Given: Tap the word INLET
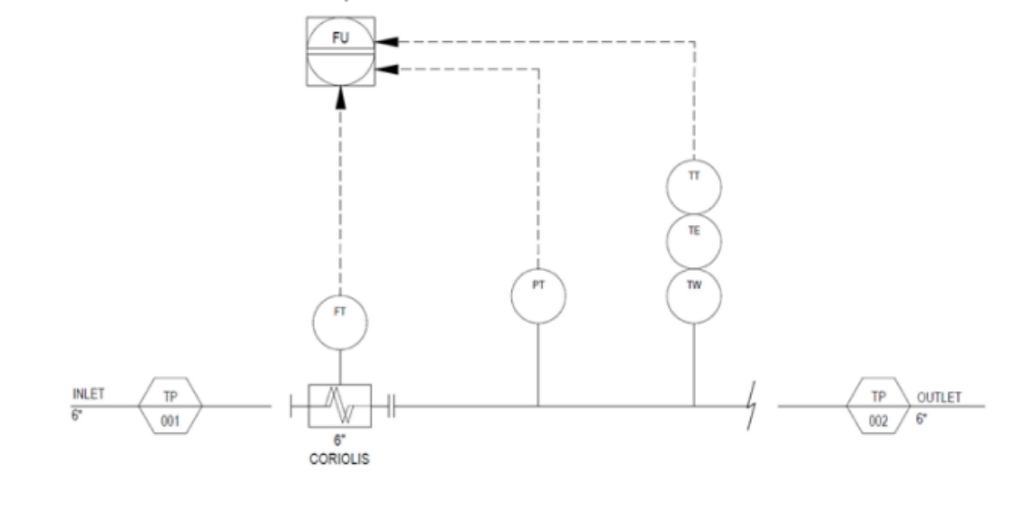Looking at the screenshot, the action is [x=89, y=394].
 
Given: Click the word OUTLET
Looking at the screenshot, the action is [x=939, y=397].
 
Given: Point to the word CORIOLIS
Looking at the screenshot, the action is [x=340, y=459].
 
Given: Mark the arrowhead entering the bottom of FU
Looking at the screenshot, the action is [x=340, y=98].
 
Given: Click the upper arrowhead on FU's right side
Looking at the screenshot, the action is [x=387, y=42].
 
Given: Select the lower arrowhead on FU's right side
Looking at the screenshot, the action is [x=387, y=69].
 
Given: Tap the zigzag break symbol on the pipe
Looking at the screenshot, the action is [x=752, y=405].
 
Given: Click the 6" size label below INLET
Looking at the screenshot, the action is [x=77, y=415].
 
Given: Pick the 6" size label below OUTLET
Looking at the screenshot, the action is [x=922, y=418].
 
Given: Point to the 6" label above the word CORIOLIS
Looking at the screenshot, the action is [x=340, y=440].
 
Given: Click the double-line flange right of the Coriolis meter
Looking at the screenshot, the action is [x=392, y=406].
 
